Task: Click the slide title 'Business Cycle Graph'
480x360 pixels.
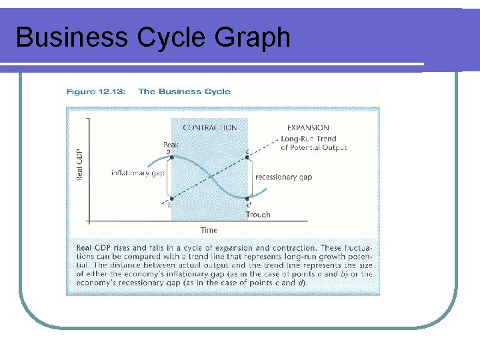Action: click(x=153, y=37)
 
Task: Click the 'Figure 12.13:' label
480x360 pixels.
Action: click(x=99, y=92)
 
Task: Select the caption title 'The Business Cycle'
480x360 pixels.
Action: click(x=184, y=92)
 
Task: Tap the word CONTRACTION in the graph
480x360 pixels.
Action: click(x=209, y=127)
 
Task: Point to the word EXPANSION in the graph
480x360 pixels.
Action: click(x=307, y=127)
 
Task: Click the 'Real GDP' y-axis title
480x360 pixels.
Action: click(x=80, y=164)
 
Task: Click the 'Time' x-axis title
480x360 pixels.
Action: click(x=209, y=230)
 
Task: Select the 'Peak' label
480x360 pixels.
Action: click(x=171, y=144)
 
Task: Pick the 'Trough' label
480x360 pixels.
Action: click(x=258, y=215)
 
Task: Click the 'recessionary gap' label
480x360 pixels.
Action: click(x=284, y=177)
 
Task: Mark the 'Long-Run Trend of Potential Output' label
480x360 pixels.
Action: click(x=313, y=143)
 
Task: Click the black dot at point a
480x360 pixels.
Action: click(x=172, y=158)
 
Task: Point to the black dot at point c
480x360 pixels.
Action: click(x=247, y=158)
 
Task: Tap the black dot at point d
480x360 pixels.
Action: click(x=247, y=198)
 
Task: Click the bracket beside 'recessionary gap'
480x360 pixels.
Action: click(x=253, y=177)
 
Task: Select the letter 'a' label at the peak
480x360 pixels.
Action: click(x=168, y=151)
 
